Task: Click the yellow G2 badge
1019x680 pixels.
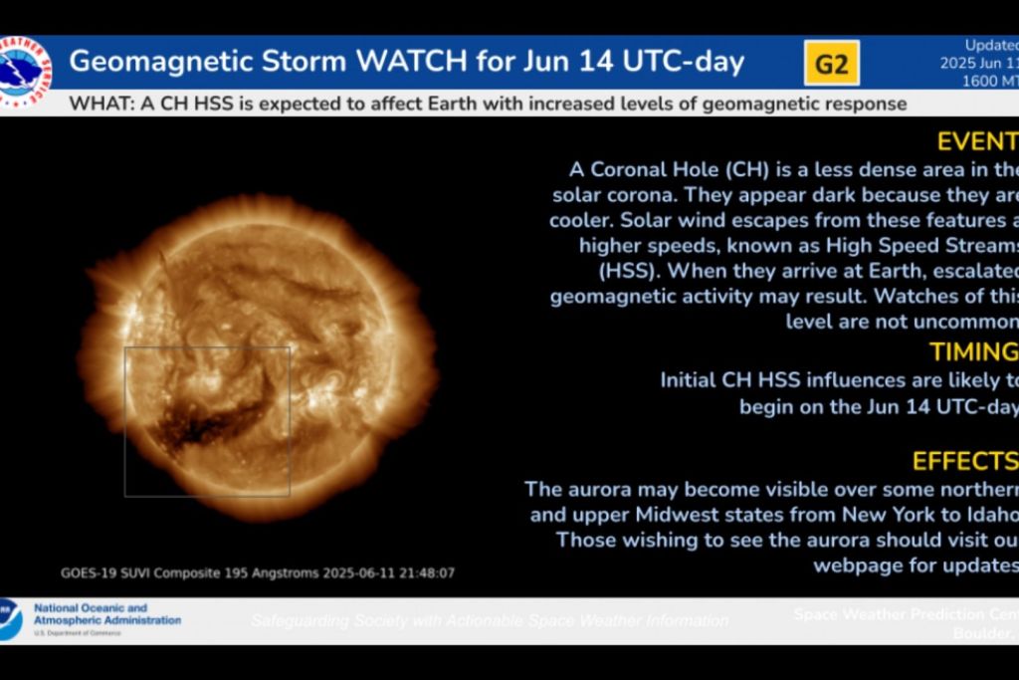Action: [831, 64]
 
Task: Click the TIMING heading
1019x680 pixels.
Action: [973, 351]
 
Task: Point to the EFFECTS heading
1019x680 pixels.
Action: [964, 461]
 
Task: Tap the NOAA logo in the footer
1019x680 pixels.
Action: [10, 619]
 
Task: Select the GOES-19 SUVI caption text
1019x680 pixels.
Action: [258, 573]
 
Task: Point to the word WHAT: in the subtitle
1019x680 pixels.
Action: [100, 104]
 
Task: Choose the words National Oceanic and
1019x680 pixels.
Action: [91, 607]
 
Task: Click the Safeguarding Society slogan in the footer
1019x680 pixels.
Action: [489, 620]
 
